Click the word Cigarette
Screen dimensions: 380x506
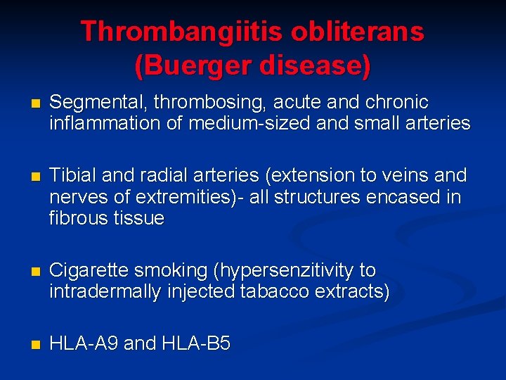coord(94,271)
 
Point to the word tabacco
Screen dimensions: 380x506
coord(271,292)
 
